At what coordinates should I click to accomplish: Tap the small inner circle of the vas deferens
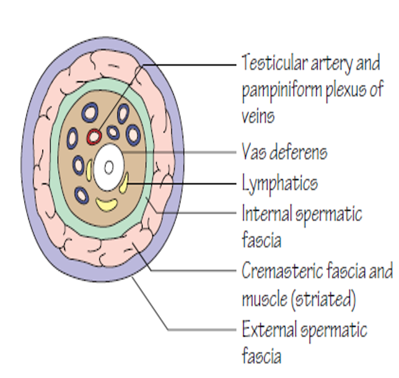pyautogui.click(x=109, y=167)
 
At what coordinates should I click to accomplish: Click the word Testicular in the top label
pyautogui.click(x=272, y=63)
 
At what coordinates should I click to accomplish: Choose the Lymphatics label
pyautogui.click(x=280, y=183)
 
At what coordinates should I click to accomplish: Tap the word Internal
pyautogui.click(x=267, y=214)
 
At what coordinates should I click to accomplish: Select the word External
pyautogui.click(x=270, y=329)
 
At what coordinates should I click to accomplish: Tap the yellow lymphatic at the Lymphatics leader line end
pyautogui.click(x=125, y=182)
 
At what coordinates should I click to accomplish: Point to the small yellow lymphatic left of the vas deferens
pyautogui.click(x=90, y=169)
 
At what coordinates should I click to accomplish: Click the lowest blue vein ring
pyautogui.click(x=82, y=195)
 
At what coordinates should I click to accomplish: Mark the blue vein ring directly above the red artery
pyautogui.click(x=90, y=112)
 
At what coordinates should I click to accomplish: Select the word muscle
pyautogui.click(x=263, y=301)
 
